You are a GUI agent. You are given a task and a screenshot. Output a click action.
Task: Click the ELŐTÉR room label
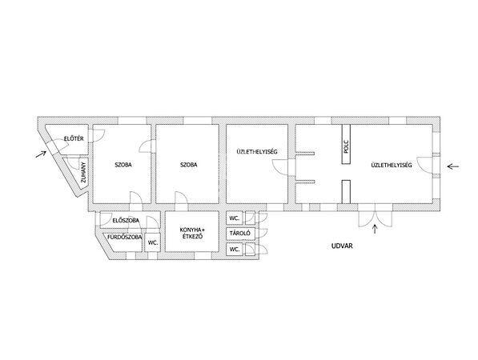[74, 138]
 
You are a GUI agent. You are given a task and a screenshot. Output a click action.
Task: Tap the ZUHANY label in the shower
[84, 173]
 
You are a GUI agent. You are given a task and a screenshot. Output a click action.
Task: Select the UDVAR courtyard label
[342, 246]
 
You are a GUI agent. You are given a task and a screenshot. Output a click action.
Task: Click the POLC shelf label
[346, 146]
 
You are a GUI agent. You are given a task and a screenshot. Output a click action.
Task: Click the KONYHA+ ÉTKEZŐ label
[191, 233]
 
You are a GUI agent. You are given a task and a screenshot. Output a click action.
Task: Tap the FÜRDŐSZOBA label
[125, 237]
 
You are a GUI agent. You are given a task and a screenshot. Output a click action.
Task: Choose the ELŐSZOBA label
[126, 220]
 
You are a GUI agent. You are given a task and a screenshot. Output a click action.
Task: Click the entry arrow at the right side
[453, 166]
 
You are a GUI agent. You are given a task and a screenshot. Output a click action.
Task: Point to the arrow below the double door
[375, 230]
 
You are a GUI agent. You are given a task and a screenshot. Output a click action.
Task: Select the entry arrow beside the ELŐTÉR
[41, 154]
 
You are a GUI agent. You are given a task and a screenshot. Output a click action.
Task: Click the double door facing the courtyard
[375, 215]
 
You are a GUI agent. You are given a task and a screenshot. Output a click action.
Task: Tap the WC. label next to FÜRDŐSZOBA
[152, 242]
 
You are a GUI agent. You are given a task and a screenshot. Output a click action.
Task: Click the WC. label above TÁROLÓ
[234, 218]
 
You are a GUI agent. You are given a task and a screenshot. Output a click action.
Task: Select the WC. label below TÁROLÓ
[234, 249]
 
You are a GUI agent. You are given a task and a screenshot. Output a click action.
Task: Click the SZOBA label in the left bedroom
[123, 165]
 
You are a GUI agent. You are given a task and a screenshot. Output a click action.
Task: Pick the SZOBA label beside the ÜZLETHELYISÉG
[189, 165]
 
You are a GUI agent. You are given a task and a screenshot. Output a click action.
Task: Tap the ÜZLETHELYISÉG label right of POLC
[392, 165]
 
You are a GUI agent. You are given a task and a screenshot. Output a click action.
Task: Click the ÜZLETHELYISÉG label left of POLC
[257, 151]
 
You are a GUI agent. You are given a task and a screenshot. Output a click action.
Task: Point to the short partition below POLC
[346, 191]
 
